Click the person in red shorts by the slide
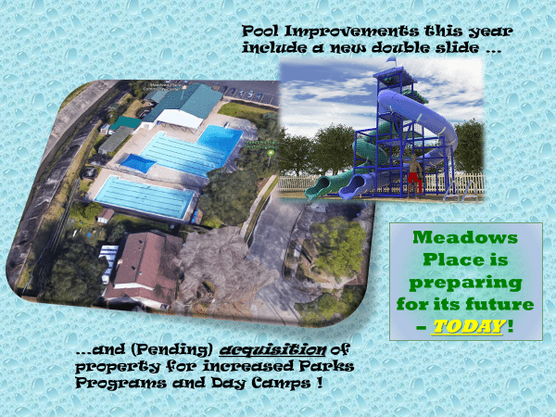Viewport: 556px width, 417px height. pyautogui.click(x=414, y=175)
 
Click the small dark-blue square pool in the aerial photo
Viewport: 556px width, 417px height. pyautogui.click(x=135, y=164)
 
